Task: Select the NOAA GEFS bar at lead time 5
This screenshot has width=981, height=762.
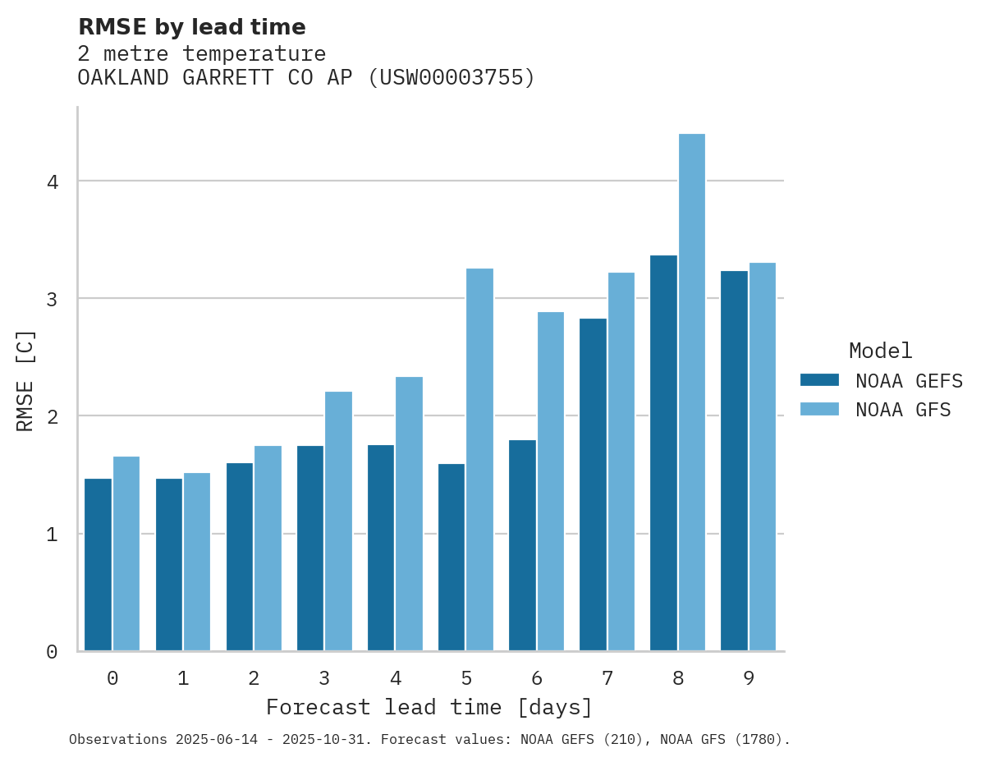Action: [x=452, y=558]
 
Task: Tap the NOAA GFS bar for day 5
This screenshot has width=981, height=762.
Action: [x=480, y=460]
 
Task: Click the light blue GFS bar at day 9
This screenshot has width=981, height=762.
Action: [x=763, y=457]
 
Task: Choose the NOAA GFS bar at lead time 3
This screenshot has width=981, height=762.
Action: [x=338, y=521]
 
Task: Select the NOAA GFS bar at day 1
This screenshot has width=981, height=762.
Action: [x=197, y=562]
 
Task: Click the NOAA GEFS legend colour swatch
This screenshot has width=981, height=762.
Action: [x=819, y=380]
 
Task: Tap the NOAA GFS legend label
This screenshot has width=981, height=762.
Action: [x=903, y=410]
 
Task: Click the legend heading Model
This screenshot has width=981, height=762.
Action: [x=881, y=351]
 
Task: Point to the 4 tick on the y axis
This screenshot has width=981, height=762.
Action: [x=53, y=181]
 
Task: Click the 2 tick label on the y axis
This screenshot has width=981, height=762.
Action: [x=53, y=416]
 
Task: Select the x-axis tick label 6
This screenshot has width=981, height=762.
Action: [x=537, y=678]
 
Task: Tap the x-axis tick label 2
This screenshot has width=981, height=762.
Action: [x=254, y=678]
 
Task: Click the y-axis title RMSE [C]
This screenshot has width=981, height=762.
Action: [x=26, y=380]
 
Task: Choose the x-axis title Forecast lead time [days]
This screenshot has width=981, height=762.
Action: [x=429, y=708]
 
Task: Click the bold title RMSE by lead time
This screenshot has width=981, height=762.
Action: [x=192, y=27]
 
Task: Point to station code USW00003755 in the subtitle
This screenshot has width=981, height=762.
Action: [x=450, y=78]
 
